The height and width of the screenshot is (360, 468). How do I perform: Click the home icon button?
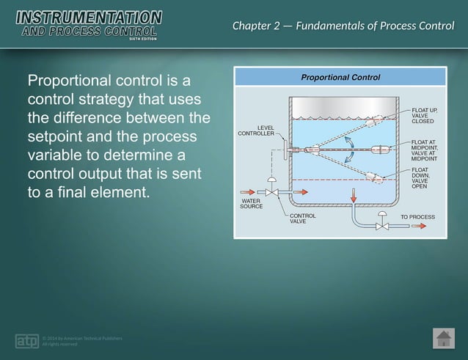[x=443, y=339]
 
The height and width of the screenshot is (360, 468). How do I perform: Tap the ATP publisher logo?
[x=27, y=341]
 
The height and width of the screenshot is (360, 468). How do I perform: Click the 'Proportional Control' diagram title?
[x=340, y=77]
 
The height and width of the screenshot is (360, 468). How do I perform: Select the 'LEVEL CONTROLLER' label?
[x=256, y=131]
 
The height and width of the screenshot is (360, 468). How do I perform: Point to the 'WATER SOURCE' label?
[x=252, y=203]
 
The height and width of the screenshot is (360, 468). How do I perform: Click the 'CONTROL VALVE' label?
[x=302, y=218]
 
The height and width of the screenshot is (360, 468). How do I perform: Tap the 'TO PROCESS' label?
[x=417, y=217]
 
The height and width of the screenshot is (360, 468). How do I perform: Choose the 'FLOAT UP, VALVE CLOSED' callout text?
[x=425, y=115]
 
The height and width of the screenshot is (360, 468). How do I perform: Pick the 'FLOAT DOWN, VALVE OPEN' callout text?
[x=425, y=178]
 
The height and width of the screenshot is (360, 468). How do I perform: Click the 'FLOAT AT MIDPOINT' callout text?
[x=425, y=150]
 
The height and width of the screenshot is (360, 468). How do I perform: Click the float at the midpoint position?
[x=381, y=150]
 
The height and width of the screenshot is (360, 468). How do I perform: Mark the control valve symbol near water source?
[x=271, y=191]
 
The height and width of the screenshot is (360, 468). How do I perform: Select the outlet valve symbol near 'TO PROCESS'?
[x=382, y=226]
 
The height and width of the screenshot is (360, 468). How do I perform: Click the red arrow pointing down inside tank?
[x=353, y=195]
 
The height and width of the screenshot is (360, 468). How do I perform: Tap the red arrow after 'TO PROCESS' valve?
[x=419, y=227]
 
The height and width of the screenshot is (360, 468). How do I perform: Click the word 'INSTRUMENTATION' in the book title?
[x=88, y=16]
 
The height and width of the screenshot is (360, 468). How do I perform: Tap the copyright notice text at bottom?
[x=81, y=341]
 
